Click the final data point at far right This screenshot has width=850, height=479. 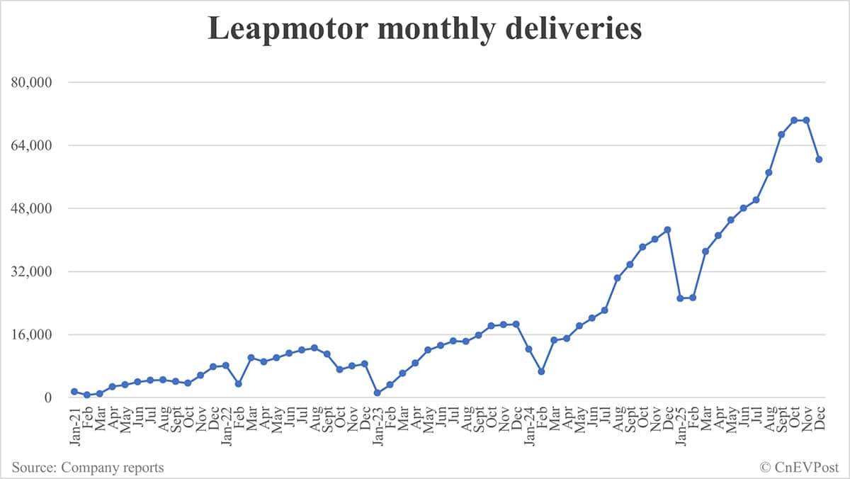point(819,159)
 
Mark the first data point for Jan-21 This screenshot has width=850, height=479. point(74,392)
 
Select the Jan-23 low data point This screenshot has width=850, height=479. point(378,393)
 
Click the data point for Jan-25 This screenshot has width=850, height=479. point(680,298)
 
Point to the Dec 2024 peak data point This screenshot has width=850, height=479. point(667,230)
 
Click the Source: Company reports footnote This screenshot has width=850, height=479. point(88,467)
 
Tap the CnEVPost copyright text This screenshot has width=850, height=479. point(799,467)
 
